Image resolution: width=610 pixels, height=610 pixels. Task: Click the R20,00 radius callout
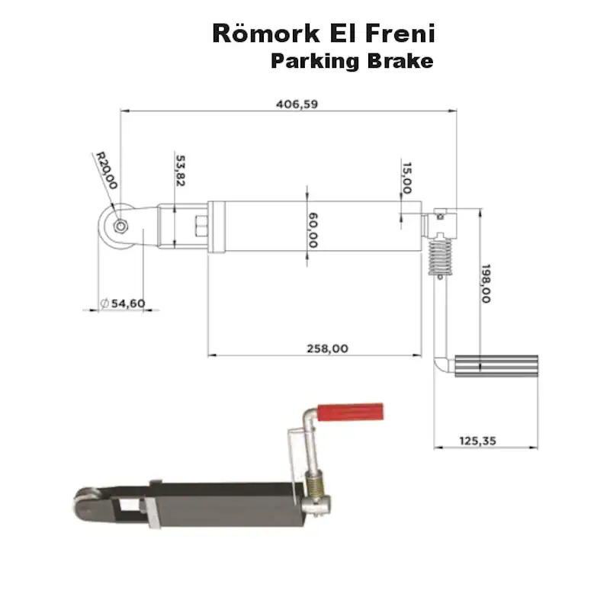point(106,170)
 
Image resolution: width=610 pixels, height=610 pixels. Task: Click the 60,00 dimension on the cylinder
point(313,230)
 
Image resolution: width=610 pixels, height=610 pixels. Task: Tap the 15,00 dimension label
point(407,176)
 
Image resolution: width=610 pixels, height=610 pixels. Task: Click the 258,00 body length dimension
point(327,348)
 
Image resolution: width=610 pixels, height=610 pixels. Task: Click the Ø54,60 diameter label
point(122,303)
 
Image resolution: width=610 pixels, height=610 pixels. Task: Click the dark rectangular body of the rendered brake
point(229,503)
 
